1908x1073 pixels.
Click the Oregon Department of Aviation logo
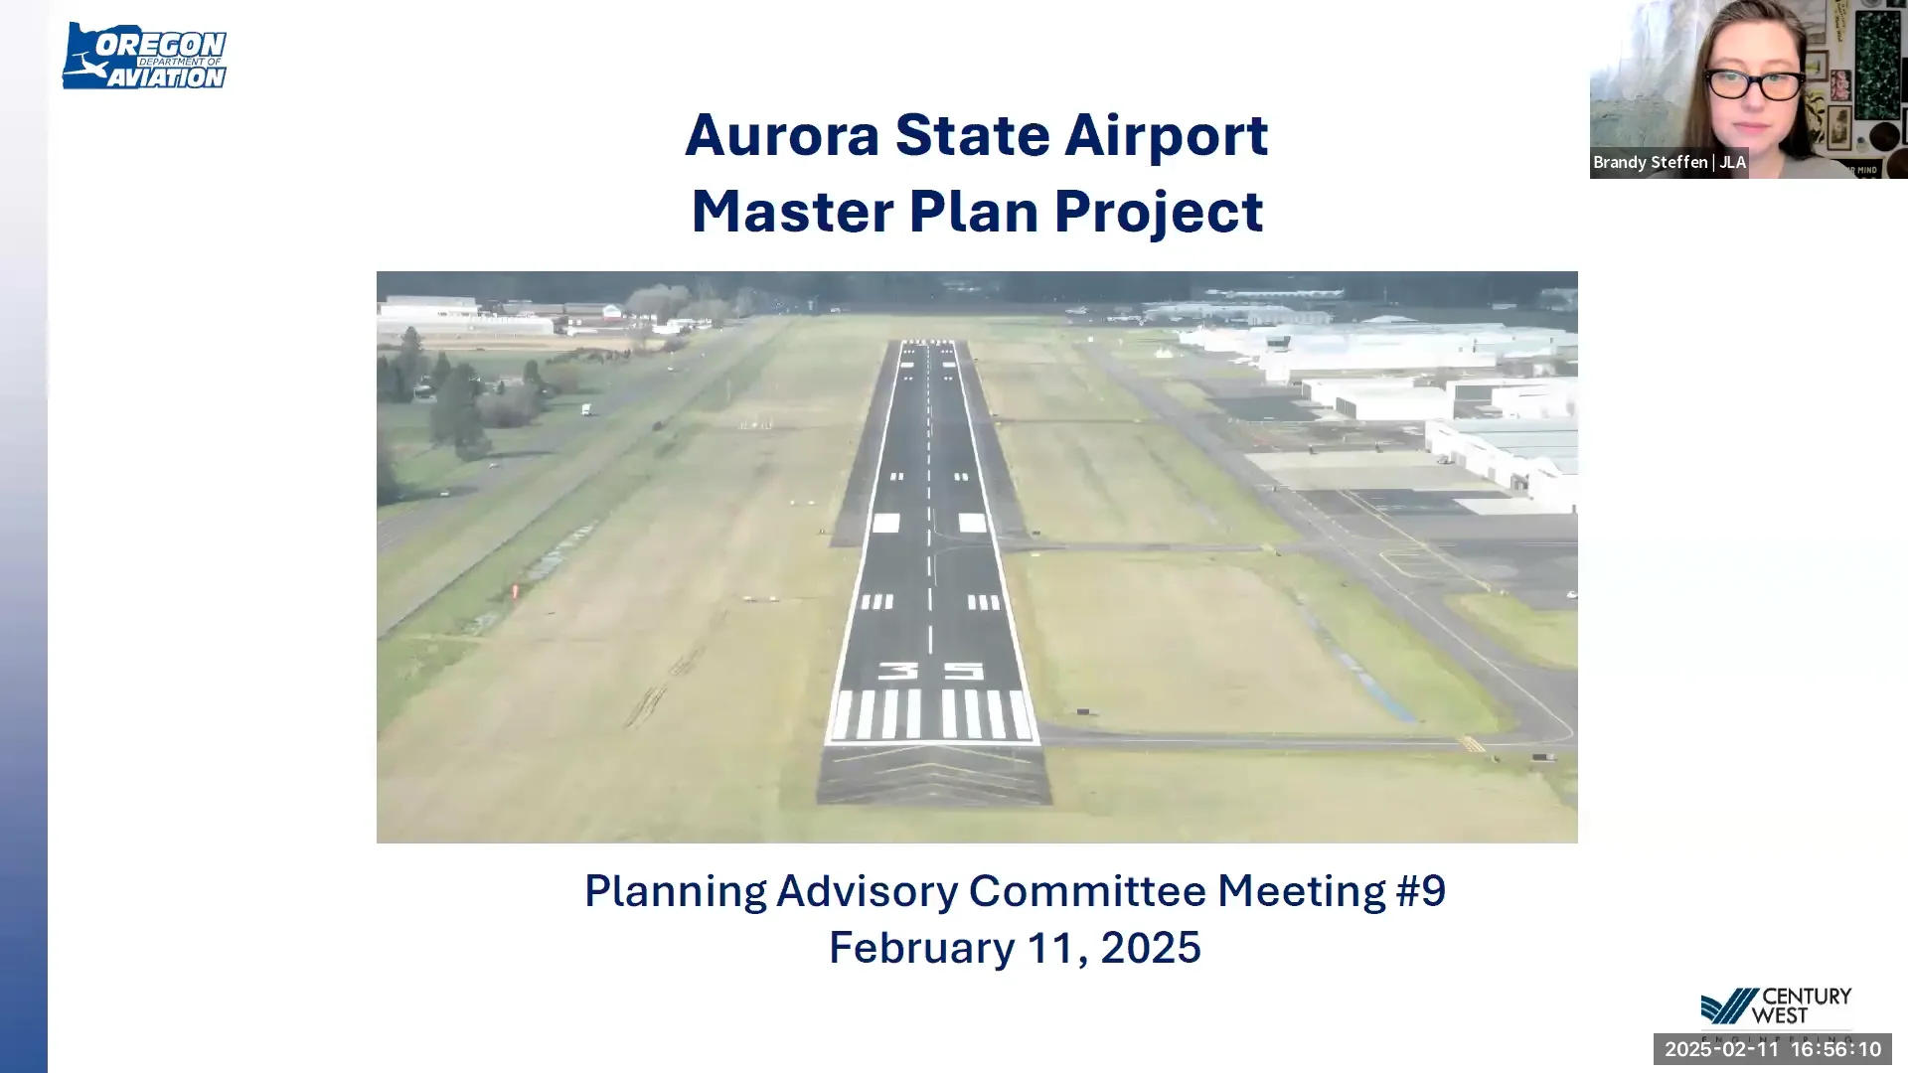[x=145, y=57]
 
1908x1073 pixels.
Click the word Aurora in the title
[x=782, y=135]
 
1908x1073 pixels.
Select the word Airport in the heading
[x=1166, y=136]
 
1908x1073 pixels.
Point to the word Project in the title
[x=1159, y=213]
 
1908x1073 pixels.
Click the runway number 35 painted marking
[x=931, y=672]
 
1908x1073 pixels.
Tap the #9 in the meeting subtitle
[x=1421, y=890]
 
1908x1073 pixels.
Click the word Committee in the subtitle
[x=1087, y=890]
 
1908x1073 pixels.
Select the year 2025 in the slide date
[x=1151, y=948]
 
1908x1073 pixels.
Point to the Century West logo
[x=1775, y=1007]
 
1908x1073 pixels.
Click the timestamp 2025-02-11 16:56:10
[x=1773, y=1049]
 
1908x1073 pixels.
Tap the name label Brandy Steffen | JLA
[x=1669, y=162]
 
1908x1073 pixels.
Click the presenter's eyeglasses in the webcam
[x=1755, y=85]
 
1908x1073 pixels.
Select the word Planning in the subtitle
[x=675, y=891]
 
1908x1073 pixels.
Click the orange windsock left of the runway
[x=515, y=592]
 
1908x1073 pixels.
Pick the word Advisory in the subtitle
[x=867, y=890]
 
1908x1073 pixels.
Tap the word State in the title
[x=972, y=135]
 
